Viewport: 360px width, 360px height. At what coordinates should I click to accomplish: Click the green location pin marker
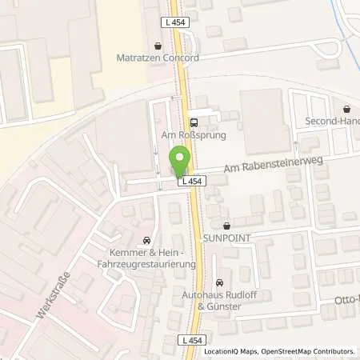pos(179,163)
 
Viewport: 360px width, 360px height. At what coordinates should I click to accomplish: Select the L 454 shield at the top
pos(178,22)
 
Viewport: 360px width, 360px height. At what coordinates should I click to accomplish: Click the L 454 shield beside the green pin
pos(192,182)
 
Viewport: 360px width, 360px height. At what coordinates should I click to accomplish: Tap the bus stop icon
pos(193,122)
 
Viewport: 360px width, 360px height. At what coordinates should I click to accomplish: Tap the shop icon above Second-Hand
pos(346,109)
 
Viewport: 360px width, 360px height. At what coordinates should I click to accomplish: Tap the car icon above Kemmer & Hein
pos(146,239)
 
